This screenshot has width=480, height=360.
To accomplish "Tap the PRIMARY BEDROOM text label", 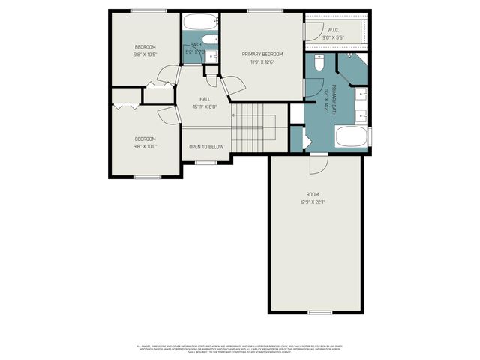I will pyautogui.click(x=262, y=55).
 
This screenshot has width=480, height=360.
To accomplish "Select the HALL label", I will pyautogui.click(x=205, y=99).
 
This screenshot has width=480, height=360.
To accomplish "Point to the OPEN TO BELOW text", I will pyautogui.click(x=205, y=147).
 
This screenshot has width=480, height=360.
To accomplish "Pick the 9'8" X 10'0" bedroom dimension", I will pyautogui.click(x=145, y=147).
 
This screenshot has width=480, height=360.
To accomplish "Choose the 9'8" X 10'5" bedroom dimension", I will pyautogui.click(x=145, y=55).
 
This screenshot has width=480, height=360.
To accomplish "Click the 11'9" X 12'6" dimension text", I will pyautogui.click(x=262, y=62).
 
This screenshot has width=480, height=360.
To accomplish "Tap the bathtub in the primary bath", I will pyautogui.click(x=351, y=137).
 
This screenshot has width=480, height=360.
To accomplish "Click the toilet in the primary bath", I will pyautogui.click(x=319, y=63).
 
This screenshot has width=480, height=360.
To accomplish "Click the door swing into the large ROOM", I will pyautogui.click(x=318, y=162).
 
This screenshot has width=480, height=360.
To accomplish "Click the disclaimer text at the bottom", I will pyautogui.click(x=240, y=349).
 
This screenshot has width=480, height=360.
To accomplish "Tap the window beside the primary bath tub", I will pyautogui.click(x=370, y=137).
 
